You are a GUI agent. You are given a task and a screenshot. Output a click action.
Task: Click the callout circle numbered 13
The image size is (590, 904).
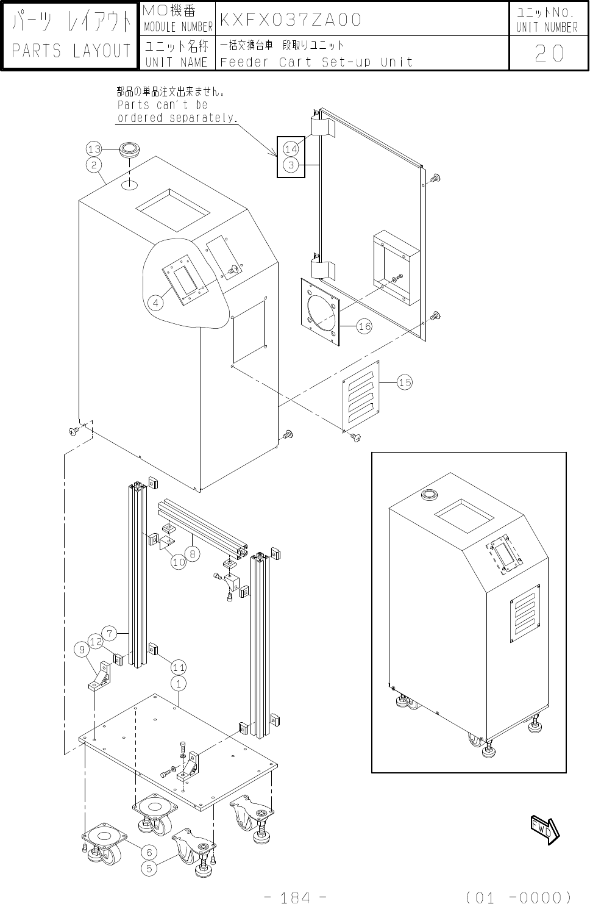pyautogui.click(x=94, y=149)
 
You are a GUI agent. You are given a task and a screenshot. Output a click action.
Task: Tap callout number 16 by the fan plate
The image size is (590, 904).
pyautogui.click(x=364, y=326)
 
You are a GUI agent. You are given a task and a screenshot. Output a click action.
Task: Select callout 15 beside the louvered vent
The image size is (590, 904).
pyautogui.click(x=405, y=382)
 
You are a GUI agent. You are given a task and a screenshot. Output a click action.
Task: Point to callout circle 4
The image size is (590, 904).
pyautogui.click(x=155, y=303)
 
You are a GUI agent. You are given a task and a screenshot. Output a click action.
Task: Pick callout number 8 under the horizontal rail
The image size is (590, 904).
pyautogui.click(x=193, y=554)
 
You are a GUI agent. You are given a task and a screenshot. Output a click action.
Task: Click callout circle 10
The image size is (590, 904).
pyautogui.click(x=179, y=562)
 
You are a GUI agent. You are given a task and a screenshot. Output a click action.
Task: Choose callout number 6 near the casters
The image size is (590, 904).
pyautogui.click(x=149, y=852)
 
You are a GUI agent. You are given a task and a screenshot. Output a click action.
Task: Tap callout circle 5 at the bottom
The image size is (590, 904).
pyautogui.click(x=149, y=868)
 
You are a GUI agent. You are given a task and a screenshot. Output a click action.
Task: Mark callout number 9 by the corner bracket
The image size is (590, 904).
pyautogui.click(x=82, y=650)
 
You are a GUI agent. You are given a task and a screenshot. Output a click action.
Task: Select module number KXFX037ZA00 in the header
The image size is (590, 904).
pyautogui.click(x=290, y=20)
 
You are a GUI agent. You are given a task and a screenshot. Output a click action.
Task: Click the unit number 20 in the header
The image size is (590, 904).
pyautogui.click(x=549, y=53)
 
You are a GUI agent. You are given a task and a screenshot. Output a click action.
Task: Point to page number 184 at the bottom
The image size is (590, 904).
pyautogui.click(x=295, y=897)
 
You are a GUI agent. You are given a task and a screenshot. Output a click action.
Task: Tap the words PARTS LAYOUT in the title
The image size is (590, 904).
pyautogui.click(x=71, y=51)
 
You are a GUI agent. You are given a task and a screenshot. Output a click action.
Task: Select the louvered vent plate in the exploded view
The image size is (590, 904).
pyautogui.click(x=361, y=396)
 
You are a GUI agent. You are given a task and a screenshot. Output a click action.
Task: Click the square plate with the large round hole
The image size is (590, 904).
pyautogui.click(x=320, y=312)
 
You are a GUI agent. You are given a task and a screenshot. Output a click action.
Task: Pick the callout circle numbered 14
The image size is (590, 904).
pyautogui.click(x=291, y=149)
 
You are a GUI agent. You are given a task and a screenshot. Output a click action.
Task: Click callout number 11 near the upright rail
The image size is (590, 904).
pyautogui.click(x=179, y=667)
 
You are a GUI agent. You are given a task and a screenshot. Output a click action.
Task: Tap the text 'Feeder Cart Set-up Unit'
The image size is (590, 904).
pyautogui.click(x=316, y=62)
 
